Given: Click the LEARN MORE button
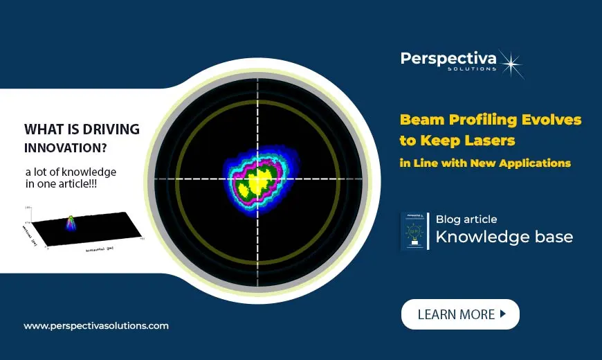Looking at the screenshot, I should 460,314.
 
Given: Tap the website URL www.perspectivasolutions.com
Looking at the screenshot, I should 96,325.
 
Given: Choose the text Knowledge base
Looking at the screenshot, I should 504,237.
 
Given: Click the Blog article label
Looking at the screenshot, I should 466,219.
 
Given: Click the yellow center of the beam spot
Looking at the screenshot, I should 258,181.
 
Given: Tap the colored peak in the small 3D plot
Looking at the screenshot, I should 71,222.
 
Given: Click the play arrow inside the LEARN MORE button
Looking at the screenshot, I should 503,314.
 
